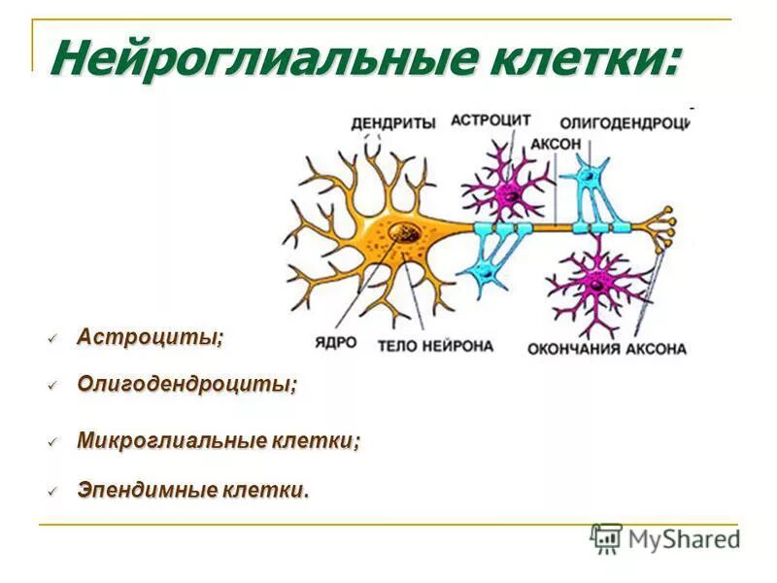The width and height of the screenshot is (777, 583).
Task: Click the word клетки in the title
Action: [578, 60]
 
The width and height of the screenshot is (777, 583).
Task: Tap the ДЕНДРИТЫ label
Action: [392, 121]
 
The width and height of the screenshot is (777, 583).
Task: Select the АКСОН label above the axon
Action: [556, 144]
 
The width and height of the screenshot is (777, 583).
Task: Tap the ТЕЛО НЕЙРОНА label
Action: [435, 345]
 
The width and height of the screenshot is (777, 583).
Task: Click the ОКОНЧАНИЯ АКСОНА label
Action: [607, 348]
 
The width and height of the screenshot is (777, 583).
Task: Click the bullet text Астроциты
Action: [151, 337]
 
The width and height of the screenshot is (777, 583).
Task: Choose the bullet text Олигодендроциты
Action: [186, 384]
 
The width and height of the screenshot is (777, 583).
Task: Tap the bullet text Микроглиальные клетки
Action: [219, 440]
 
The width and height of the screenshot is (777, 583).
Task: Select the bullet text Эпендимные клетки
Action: [193, 490]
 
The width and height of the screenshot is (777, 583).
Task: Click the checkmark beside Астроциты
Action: [53, 338]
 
